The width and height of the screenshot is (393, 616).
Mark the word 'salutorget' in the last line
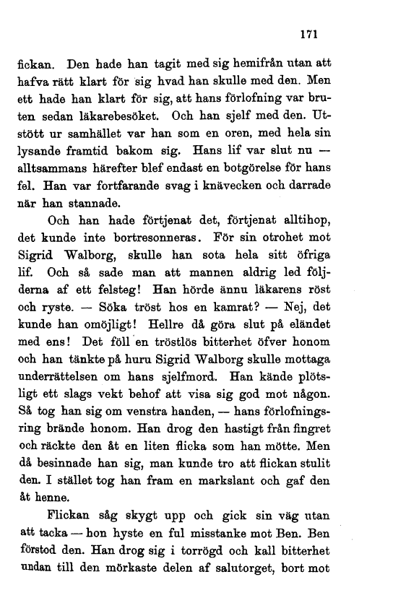point(251,569)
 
